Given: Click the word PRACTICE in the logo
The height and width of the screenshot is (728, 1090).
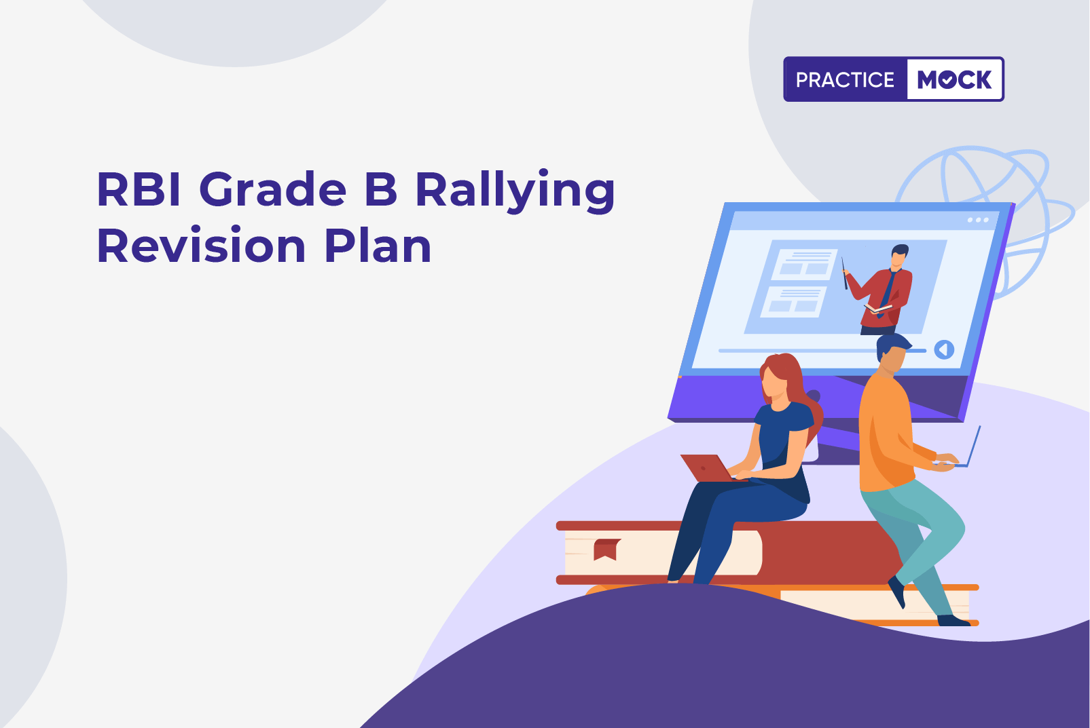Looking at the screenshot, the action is [845, 79].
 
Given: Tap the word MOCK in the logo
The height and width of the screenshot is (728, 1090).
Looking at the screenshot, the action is [954, 79].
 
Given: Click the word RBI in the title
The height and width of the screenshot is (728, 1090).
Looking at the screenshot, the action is [139, 189].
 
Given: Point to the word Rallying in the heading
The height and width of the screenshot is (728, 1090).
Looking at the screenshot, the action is [515, 191].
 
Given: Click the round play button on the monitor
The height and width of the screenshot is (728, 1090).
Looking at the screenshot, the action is [944, 349].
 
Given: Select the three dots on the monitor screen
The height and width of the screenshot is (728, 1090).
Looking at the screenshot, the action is [978, 220].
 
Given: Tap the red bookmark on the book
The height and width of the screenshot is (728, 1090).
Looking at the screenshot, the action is [606, 550].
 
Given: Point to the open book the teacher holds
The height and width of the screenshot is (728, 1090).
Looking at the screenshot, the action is [878, 308].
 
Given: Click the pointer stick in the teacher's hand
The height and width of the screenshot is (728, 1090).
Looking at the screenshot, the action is [845, 273].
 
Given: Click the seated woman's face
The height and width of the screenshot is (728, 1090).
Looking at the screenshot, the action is [774, 381].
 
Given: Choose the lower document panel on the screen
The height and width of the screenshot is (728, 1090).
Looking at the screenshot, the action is [794, 302].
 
